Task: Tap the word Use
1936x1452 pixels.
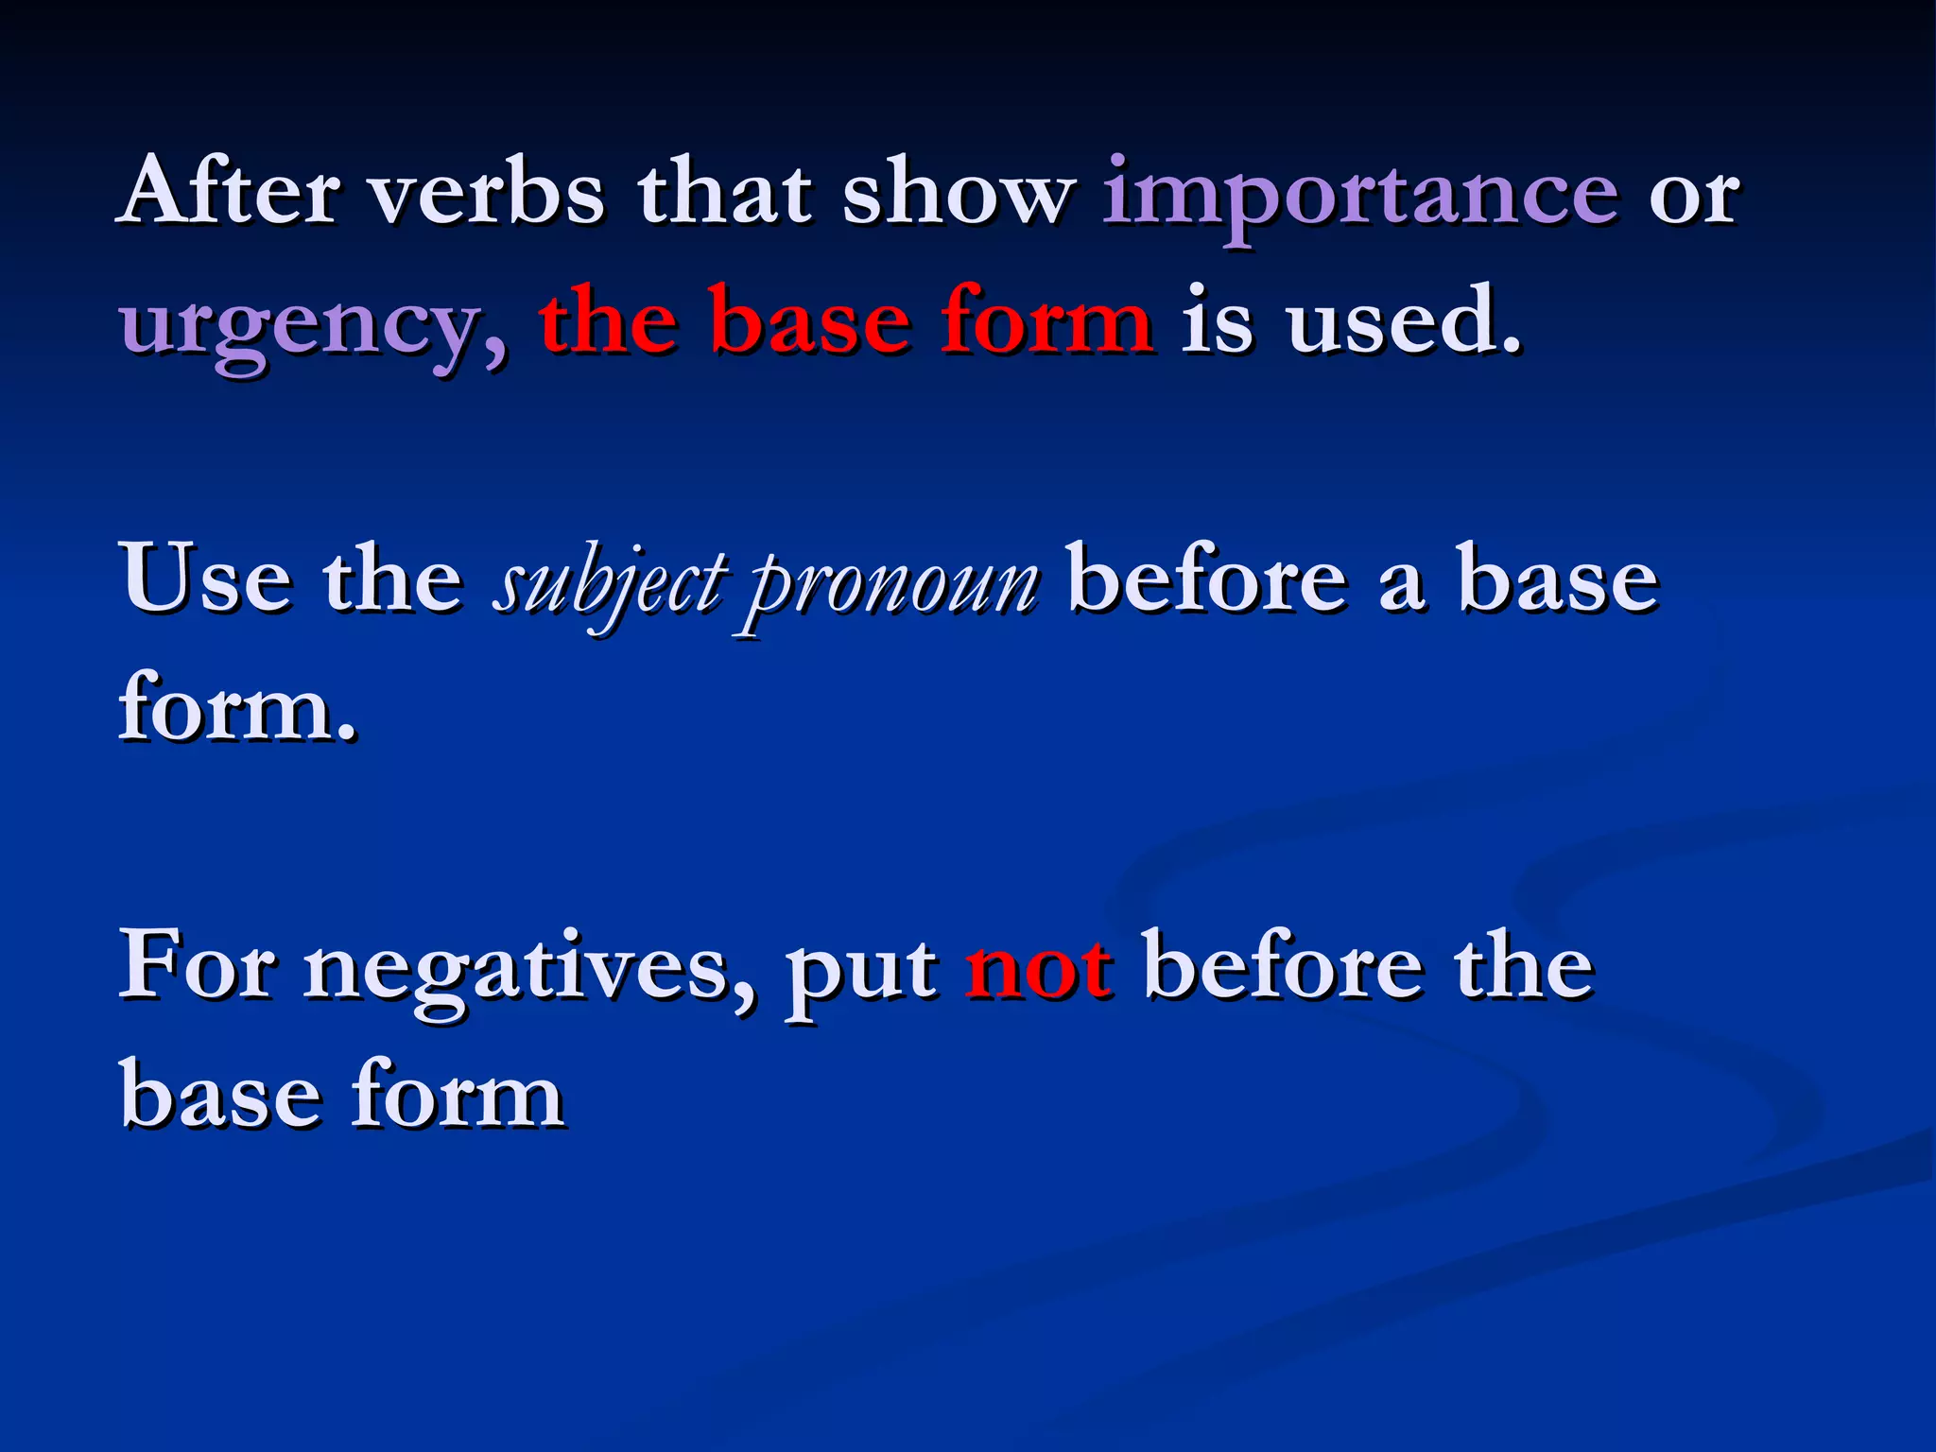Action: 205,579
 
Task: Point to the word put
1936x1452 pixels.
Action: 861,974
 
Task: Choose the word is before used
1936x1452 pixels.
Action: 1218,321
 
